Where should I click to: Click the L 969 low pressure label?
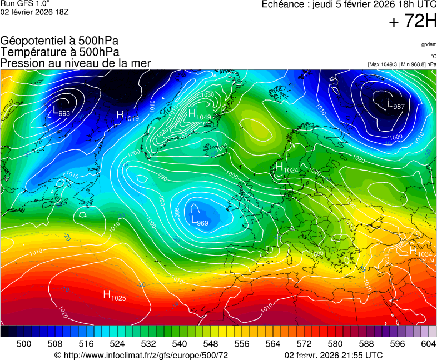(199, 221)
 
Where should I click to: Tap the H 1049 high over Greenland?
(199, 114)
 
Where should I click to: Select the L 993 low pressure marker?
(61, 112)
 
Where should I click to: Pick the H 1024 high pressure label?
(287, 167)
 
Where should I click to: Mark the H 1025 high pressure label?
(115, 296)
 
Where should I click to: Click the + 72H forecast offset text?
(413, 21)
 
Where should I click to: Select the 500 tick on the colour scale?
(24, 344)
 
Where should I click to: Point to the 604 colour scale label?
(428, 344)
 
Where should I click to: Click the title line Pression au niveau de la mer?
(76, 63)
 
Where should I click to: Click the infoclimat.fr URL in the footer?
(142, 355)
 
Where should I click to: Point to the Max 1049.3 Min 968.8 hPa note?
(402, 64)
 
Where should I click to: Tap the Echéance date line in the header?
(349, 5)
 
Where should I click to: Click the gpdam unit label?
(429, 44)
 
